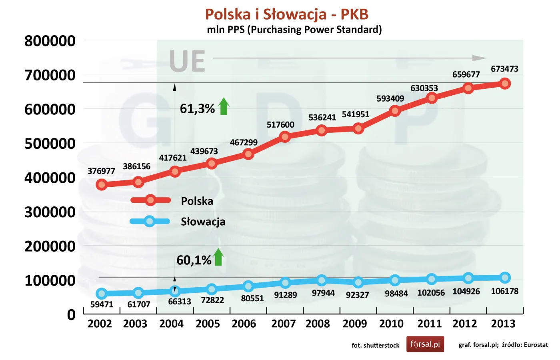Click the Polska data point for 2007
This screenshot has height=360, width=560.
tap(285, 137)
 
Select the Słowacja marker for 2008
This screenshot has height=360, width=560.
tap(321, 280)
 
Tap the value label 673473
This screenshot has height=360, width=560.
tap(504, 69)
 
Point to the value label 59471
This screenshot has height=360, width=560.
tap(102, 304)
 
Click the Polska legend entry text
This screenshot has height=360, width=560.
tap(197, 201)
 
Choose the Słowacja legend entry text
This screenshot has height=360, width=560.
tap(203, 222)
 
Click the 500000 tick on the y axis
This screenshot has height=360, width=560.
tap(50, 143)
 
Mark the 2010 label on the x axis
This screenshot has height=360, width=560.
tap(391, 324)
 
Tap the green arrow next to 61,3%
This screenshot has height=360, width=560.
tap(224, 106)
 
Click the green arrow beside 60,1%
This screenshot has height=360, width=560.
tap(218, 257)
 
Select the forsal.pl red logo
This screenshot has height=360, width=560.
tap(425, 344)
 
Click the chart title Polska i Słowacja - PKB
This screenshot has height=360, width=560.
tap(286, 14)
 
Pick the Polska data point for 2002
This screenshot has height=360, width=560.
tap(102, 184)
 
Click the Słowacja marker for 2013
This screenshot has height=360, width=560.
tap(505, 278)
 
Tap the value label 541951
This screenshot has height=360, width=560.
tap(355, 114)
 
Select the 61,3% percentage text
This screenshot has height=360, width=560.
tap(197, 108)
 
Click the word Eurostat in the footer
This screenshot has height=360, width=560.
tap(536, 345)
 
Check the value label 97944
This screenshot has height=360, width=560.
tap(323, 293)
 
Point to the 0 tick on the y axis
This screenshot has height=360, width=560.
tap(71, 315)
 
